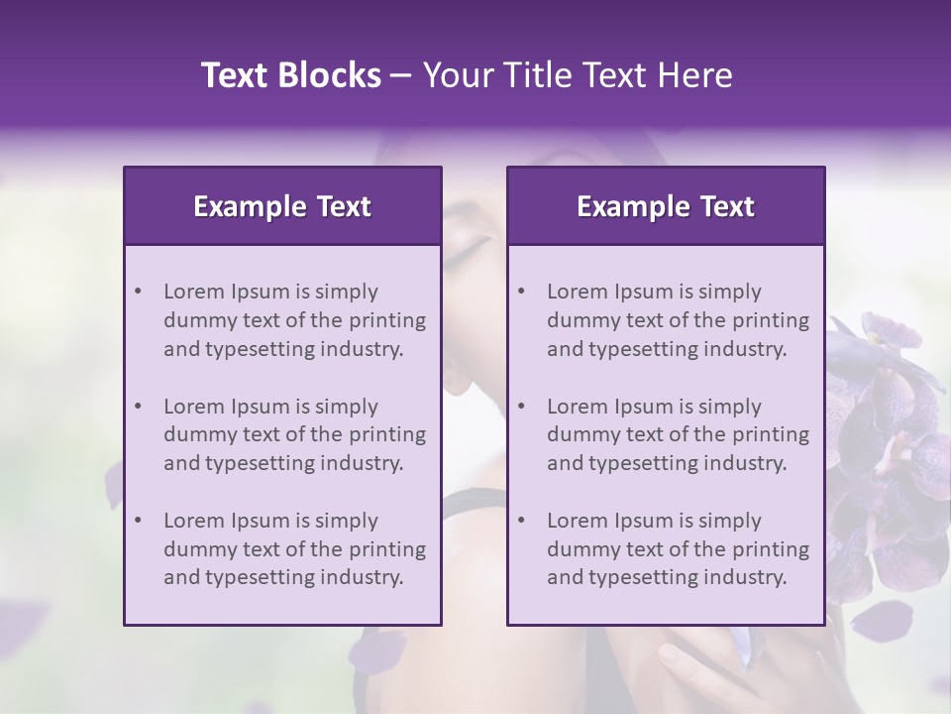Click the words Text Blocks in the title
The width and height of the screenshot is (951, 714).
pyautogui.click(x=290, y=75)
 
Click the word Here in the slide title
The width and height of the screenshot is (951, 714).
pyautogui.click(x=695, y=75)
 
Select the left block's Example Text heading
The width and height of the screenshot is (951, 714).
pyautogui.click(x=282, y=206)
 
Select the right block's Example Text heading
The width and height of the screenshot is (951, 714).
pyautogui.click(x=666, y=206)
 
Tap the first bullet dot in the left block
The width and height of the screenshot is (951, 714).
pyautogui.click(x=138, y=292)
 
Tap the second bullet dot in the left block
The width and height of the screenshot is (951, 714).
pyautogui.click(x=138, y=407)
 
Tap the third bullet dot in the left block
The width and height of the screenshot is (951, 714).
pyautogui.click(x=138, y=521)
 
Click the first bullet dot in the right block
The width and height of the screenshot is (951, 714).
pyautogui.click(x=521, y=292)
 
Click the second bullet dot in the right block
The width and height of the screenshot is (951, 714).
pyautogui.click(x=521, y=407)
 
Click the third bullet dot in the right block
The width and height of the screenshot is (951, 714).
pyautogui.click(x=521, y=521)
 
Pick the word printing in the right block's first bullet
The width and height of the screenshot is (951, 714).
pyautogui.click(x=772, y=320)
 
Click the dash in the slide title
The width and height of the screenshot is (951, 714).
pyautogui.click(x=401, y=75)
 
